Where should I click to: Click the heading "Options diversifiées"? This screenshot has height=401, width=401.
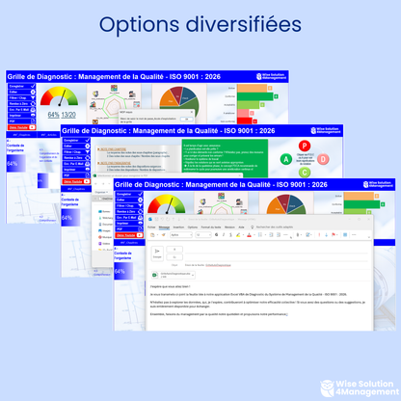click(x=200, y=24)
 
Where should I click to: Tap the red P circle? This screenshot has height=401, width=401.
click(x=304, y=146)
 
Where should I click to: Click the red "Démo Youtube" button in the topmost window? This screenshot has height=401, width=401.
click(x=19, y=126)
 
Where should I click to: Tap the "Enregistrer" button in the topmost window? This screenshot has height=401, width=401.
click(x=19, y=85)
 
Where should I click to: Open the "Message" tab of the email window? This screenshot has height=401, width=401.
click(x=164, y=227)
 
